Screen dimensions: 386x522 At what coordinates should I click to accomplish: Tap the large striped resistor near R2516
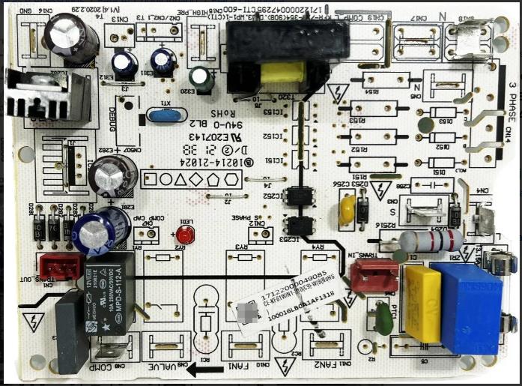(x=430, y=241)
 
